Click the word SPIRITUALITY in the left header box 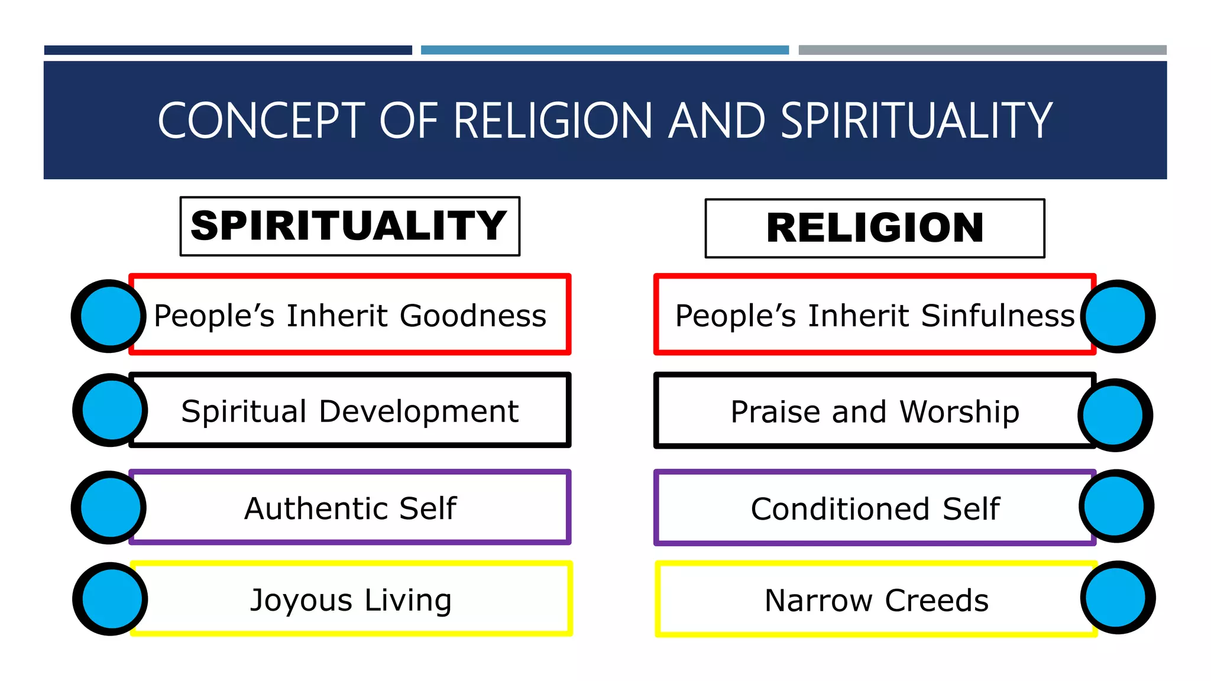(x=349, y=226)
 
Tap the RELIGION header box (x=875, y=228)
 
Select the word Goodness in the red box (x=473, y=316)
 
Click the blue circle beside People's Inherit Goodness (x=109, y=316)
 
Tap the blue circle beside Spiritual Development (x=111, y=410)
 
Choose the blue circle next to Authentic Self (x=109, y=507)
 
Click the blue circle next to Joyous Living (x=111, y=599)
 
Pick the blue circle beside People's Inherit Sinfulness (x=1116, y=316)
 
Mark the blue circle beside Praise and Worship (x=1114, y=415)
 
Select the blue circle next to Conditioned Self (x=1115, y=507)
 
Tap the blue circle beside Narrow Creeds (x=1116, y=598)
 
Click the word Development (x=419, y=411)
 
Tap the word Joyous (x=302, y=601)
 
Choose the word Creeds (x=937, y=601)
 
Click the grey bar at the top (x=982, y=50)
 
